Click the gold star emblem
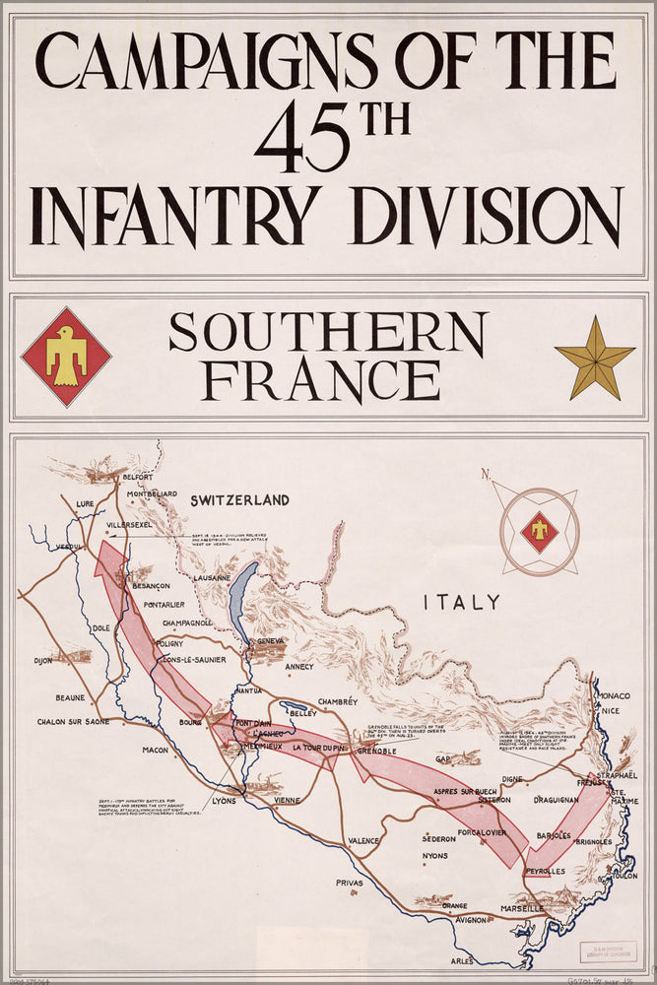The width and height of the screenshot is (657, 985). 594,358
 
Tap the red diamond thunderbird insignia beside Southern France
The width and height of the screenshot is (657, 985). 66,357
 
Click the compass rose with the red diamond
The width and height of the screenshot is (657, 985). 539,532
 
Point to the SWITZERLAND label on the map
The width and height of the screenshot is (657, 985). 240,500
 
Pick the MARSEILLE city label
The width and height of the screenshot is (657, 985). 521,907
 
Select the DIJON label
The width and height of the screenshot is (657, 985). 42,661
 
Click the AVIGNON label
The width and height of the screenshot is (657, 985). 471,920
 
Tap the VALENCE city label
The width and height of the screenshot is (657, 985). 363,840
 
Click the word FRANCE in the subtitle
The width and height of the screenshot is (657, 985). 321,379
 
